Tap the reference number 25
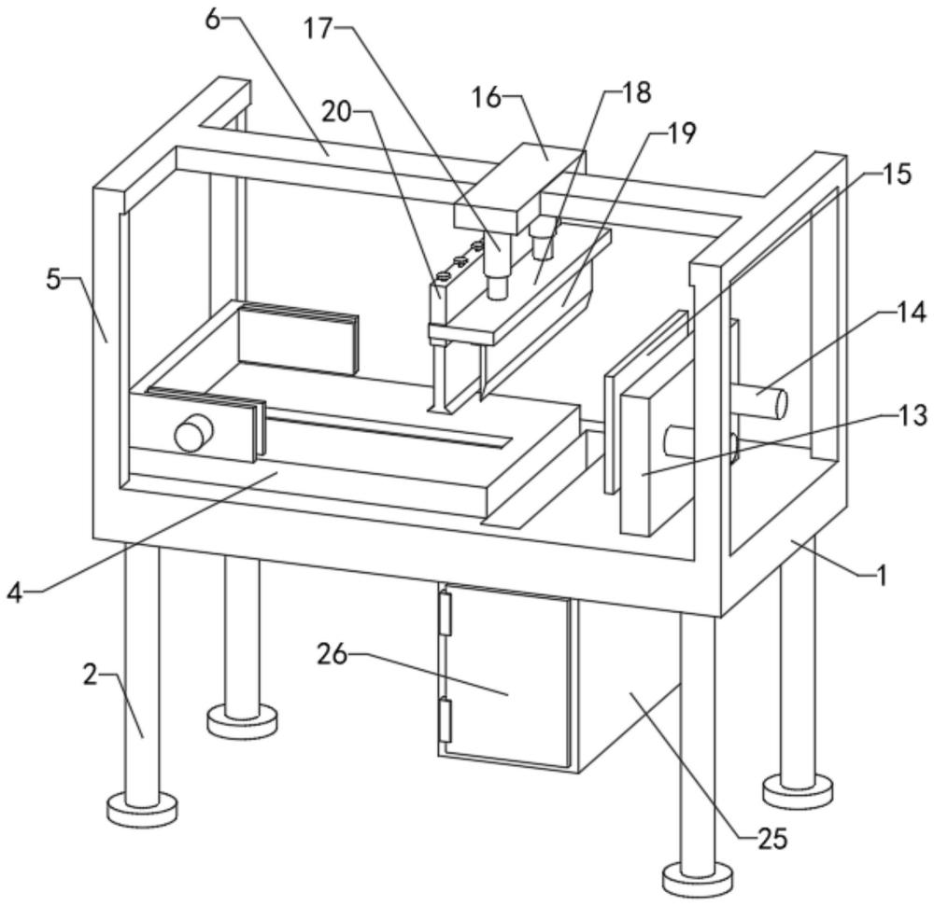point(772,838)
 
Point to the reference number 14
point(912,313)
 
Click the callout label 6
point(213,19)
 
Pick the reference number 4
point(15,592)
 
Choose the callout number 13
point(913,415)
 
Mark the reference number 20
point(336,111)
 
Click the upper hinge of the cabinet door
point(445,613)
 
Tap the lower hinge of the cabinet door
point(445,720)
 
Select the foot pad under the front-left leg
point(142,810)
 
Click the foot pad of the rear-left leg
point(243,718)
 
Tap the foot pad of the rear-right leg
point(799,789)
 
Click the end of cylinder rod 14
point(780,403)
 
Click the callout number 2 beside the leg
point(90,676)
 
